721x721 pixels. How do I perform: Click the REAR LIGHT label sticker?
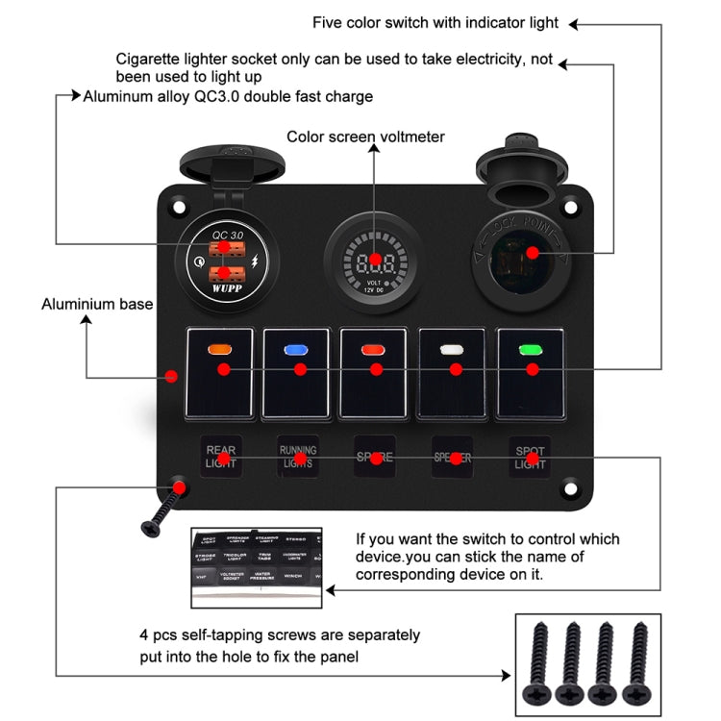tap(221, 457)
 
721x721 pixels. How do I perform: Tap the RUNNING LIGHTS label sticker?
tap(298, 457)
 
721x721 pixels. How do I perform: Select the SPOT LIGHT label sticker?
tap(530, 457)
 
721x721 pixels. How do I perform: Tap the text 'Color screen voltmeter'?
tap(365, 137)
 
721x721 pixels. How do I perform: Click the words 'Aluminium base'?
tap(97, 305)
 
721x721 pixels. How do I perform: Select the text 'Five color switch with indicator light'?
tap(435, 23)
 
